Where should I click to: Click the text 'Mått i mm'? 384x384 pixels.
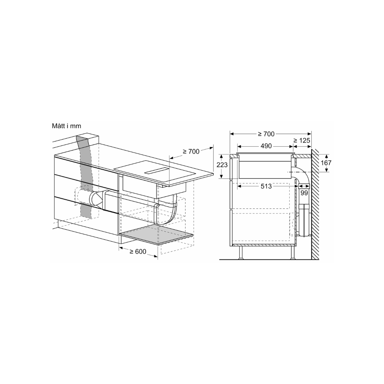click(x=67, y=126)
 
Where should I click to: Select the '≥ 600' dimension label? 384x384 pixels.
click(x=138, y=252)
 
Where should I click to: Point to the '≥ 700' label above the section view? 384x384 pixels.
click(x=266, y=134)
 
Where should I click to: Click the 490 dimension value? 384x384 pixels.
click(x=266, y=146)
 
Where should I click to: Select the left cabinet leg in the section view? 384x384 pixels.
click(x=241, y=253)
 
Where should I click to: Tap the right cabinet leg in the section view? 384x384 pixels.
click(x=292, y=253)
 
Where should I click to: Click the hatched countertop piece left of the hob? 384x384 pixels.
click(x=233, y=156)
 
